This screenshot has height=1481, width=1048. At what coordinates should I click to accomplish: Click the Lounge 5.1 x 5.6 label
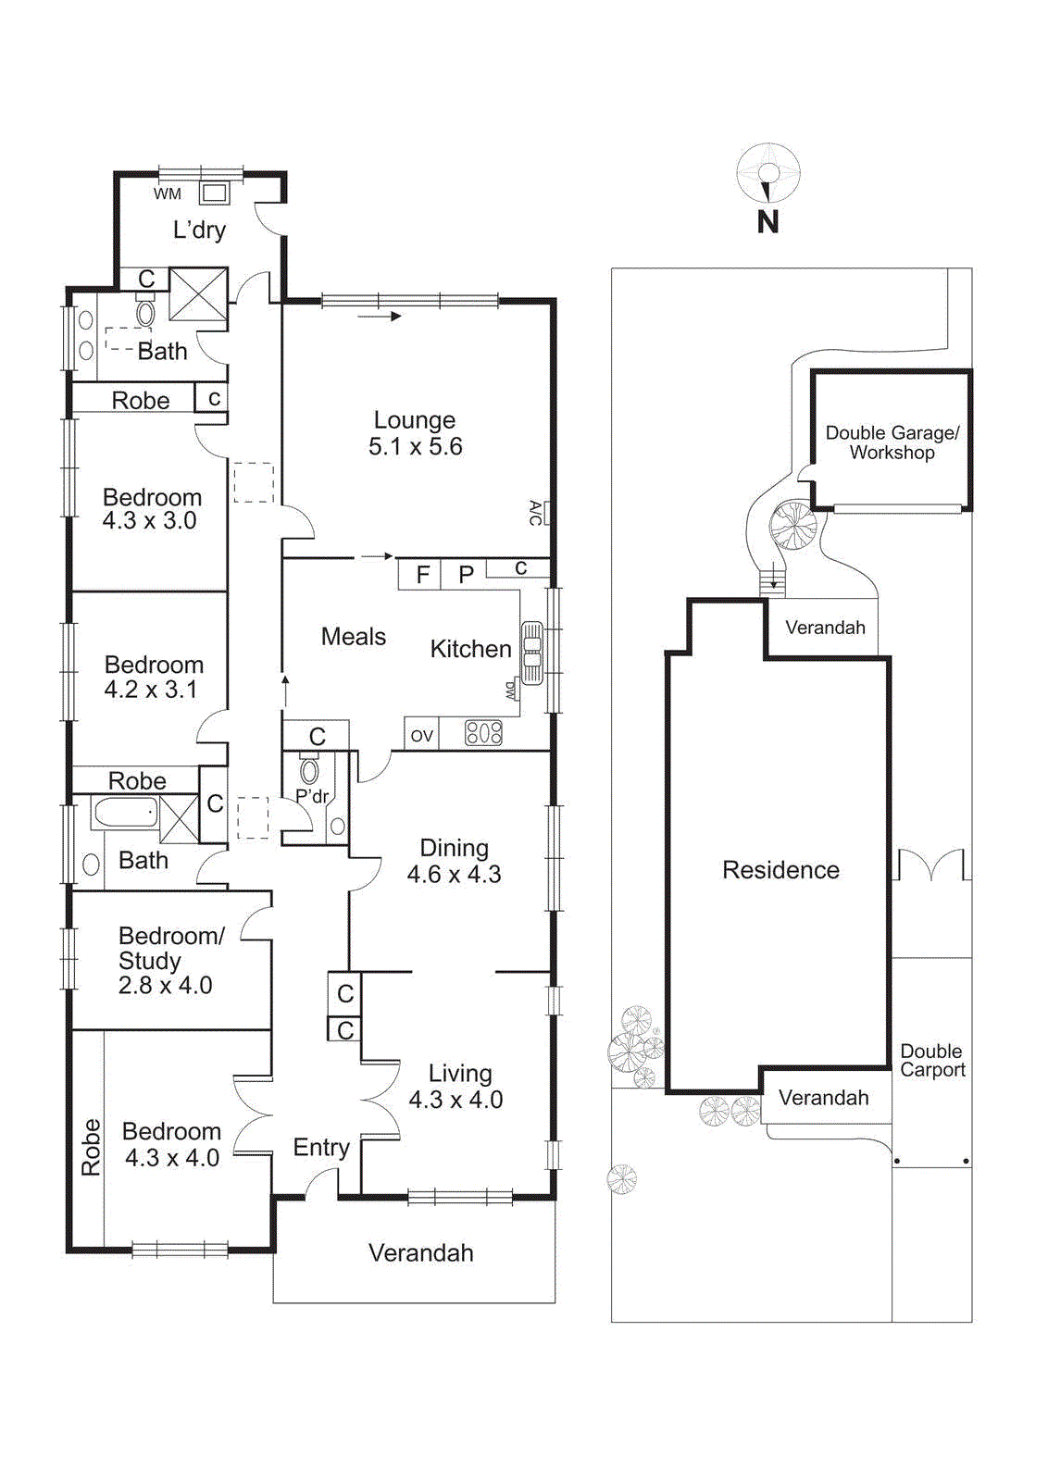(415, 433)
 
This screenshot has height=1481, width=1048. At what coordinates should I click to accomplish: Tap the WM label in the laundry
(168, 193)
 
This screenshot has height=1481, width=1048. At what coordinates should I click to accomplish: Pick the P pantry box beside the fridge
(465, 575)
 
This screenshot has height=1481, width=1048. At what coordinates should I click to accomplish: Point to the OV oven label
(421, 736)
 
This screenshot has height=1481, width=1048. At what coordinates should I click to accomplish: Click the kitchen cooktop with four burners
(483, 734)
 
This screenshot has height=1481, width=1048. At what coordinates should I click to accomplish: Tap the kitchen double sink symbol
(532, 652)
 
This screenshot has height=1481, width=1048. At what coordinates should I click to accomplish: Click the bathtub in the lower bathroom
(125, 814)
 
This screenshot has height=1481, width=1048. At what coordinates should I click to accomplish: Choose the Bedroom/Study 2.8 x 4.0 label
(169, 960)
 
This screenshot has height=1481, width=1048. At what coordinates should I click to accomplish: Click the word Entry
(321, 1148)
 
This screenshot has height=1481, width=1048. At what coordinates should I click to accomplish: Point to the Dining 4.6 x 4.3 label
(454, 861)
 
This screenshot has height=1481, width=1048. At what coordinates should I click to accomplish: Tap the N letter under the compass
(767, 222)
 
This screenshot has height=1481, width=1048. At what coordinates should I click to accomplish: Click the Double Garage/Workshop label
(892, 442)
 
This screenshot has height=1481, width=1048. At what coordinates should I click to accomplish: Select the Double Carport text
(932, 1061)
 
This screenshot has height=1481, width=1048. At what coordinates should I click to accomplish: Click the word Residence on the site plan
(780, 870)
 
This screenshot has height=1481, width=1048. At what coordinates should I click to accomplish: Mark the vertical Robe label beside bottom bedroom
(90, 1147)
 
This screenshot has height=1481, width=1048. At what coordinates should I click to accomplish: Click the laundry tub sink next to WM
(215, 193)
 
